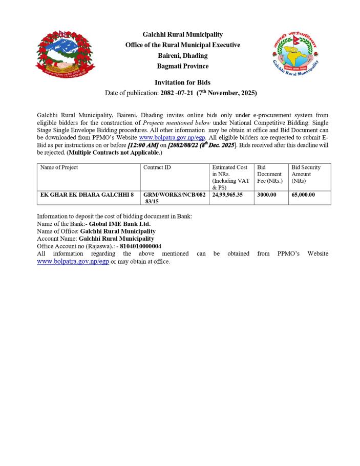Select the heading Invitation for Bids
pos(182,82)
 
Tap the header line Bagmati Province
pos(182,67)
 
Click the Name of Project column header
pos(59,167)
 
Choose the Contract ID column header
pos(157,167)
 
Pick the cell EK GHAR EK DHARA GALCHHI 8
pos(87,195)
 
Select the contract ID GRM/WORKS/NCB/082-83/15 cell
pos(175,198)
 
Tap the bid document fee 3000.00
pos(267,195)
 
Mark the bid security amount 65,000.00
pos(303,195)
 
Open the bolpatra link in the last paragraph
pos(73,261)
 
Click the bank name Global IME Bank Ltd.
pos(120,224)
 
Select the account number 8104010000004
pos(140,246)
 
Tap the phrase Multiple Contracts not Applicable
pos(115,153)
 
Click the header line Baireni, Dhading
pos(182,56)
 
